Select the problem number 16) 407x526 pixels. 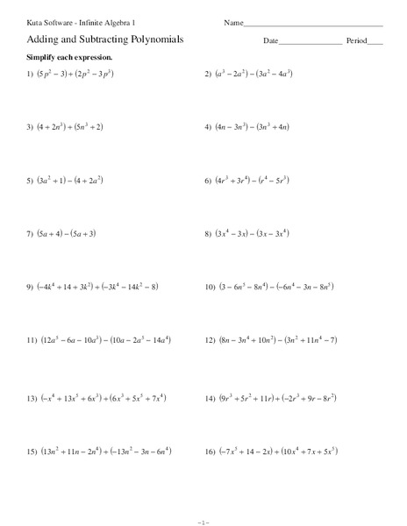(211, 451)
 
